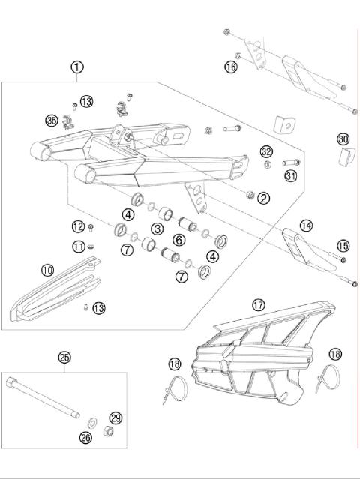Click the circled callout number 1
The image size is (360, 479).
(x=77, y=67)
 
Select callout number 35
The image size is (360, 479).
(x=52, y=120)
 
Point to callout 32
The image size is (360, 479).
(x=266, y=151)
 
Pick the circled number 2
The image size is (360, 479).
(x=263, y=198)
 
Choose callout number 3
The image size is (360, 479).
(x=157, y=229)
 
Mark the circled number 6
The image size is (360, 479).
(x=179, y=240)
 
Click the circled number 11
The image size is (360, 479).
(x=78, y=246)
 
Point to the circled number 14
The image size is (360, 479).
(x=306, y=225)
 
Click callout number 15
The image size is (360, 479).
(x=343, y=245)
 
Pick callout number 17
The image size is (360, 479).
(x=258, y=305)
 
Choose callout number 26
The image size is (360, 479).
(x=85, y=436)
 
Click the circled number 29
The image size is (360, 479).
(x=115, y=418)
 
